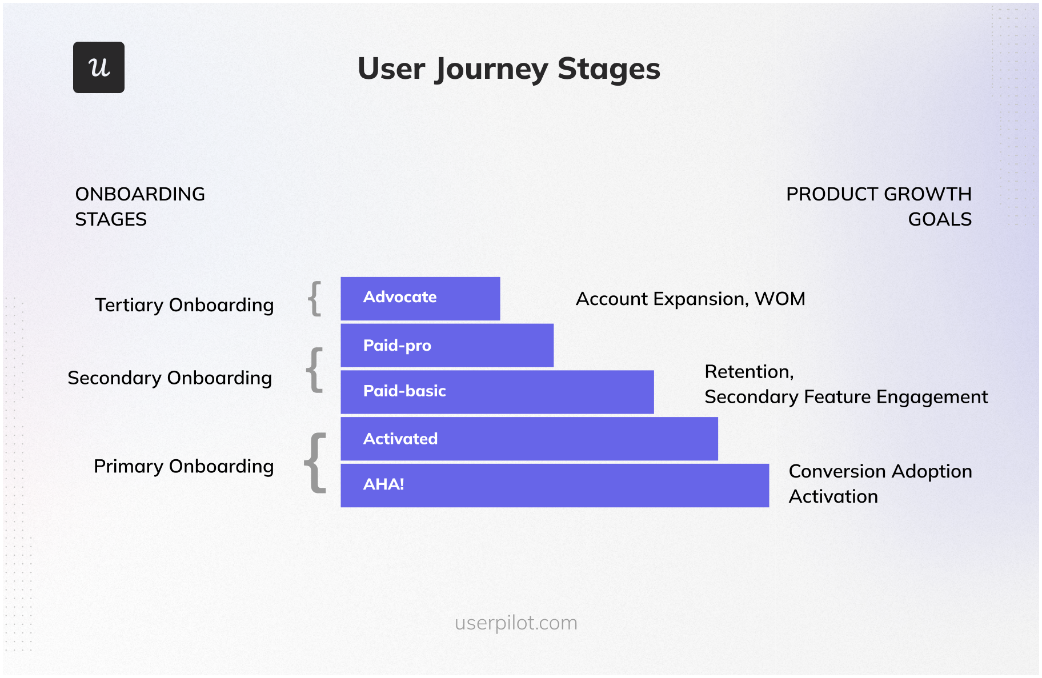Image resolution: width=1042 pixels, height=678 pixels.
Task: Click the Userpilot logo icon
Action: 99,67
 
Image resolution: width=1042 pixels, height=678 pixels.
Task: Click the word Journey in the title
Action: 491,70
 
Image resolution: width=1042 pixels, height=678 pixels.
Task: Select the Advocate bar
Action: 420,298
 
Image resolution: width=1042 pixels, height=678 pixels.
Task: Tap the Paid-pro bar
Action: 447,346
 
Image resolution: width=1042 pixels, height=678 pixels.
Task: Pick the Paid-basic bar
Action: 497,392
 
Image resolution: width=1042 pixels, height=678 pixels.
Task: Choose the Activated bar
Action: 529,439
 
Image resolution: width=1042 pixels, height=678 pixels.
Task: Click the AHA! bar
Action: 554,485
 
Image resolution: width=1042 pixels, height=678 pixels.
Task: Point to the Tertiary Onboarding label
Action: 184,305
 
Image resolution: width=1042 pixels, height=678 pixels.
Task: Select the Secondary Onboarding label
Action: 170,378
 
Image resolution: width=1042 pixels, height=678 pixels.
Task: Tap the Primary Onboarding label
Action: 183,467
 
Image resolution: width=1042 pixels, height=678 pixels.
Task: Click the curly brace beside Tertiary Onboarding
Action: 315,298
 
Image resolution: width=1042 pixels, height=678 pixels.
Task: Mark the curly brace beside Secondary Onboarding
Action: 315,370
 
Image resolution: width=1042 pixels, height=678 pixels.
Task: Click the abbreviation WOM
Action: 780,299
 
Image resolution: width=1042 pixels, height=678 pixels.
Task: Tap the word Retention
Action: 748,372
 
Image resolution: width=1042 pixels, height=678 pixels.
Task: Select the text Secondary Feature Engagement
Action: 845,397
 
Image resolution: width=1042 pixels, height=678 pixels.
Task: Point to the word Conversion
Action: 837,472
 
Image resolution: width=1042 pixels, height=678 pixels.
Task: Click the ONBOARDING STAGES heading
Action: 140,206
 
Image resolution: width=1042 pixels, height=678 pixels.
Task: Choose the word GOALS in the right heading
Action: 939,219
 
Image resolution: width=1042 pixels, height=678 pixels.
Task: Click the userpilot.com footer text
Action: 516,623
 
